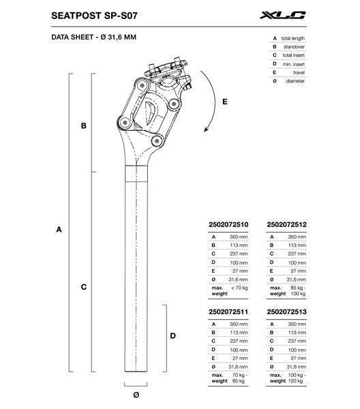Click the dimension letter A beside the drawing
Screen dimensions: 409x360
coord(59,230)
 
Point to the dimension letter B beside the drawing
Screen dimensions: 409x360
coord(83,126)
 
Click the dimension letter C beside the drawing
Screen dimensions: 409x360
coord(83,287)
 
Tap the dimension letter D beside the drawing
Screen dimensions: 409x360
coord(173,335)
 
